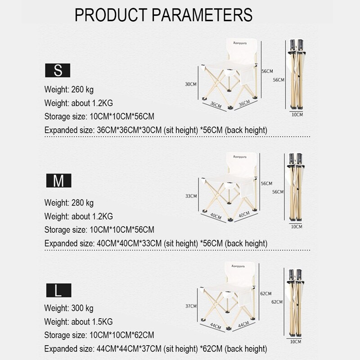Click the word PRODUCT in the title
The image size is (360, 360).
pos(111,15)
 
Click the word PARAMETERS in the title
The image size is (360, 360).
pos(202,15)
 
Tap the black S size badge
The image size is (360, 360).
pos(58,70)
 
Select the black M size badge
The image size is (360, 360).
pos(59,180)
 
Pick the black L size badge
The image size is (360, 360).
pos(59,290)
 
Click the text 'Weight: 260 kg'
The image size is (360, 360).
pos(69,90)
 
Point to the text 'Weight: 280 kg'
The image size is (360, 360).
pos(69,203)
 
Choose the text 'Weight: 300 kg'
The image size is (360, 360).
pos(69,308)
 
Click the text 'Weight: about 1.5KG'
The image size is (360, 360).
pos(78,322)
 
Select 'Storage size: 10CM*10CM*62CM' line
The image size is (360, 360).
pos(99,335)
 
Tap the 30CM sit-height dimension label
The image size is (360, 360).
pos(191,84)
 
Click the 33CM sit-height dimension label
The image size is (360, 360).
pos(191,196)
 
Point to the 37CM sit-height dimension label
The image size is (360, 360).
pos(191,306)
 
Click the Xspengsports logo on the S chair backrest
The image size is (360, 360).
pos(240,43)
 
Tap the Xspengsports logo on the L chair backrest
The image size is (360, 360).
pos(238,266)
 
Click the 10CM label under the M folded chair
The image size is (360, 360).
pos(297,227)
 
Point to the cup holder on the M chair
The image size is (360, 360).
pos(229,185)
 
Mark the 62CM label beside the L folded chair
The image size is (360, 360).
pos(277,302)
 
